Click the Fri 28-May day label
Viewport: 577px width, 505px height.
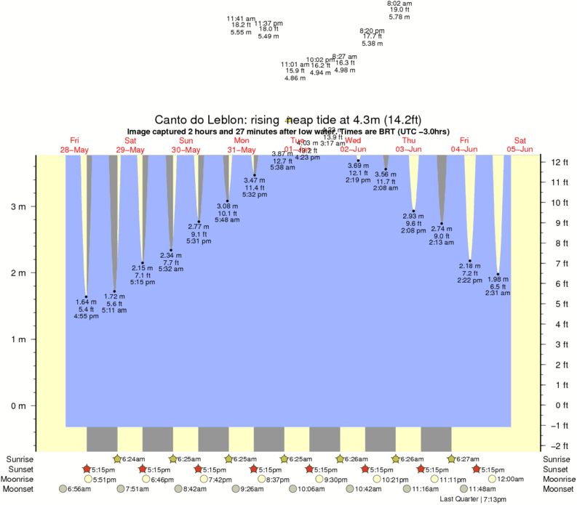tap(74, 145)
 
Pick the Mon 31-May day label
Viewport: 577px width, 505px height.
tap(242, 145)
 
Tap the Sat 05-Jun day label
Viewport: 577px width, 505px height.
tap(520, 145)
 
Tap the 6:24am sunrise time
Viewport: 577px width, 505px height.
tap(133, 459)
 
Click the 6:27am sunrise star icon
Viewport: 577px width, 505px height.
tap(451, 459)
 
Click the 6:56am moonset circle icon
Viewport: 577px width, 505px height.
tap(63, 490)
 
